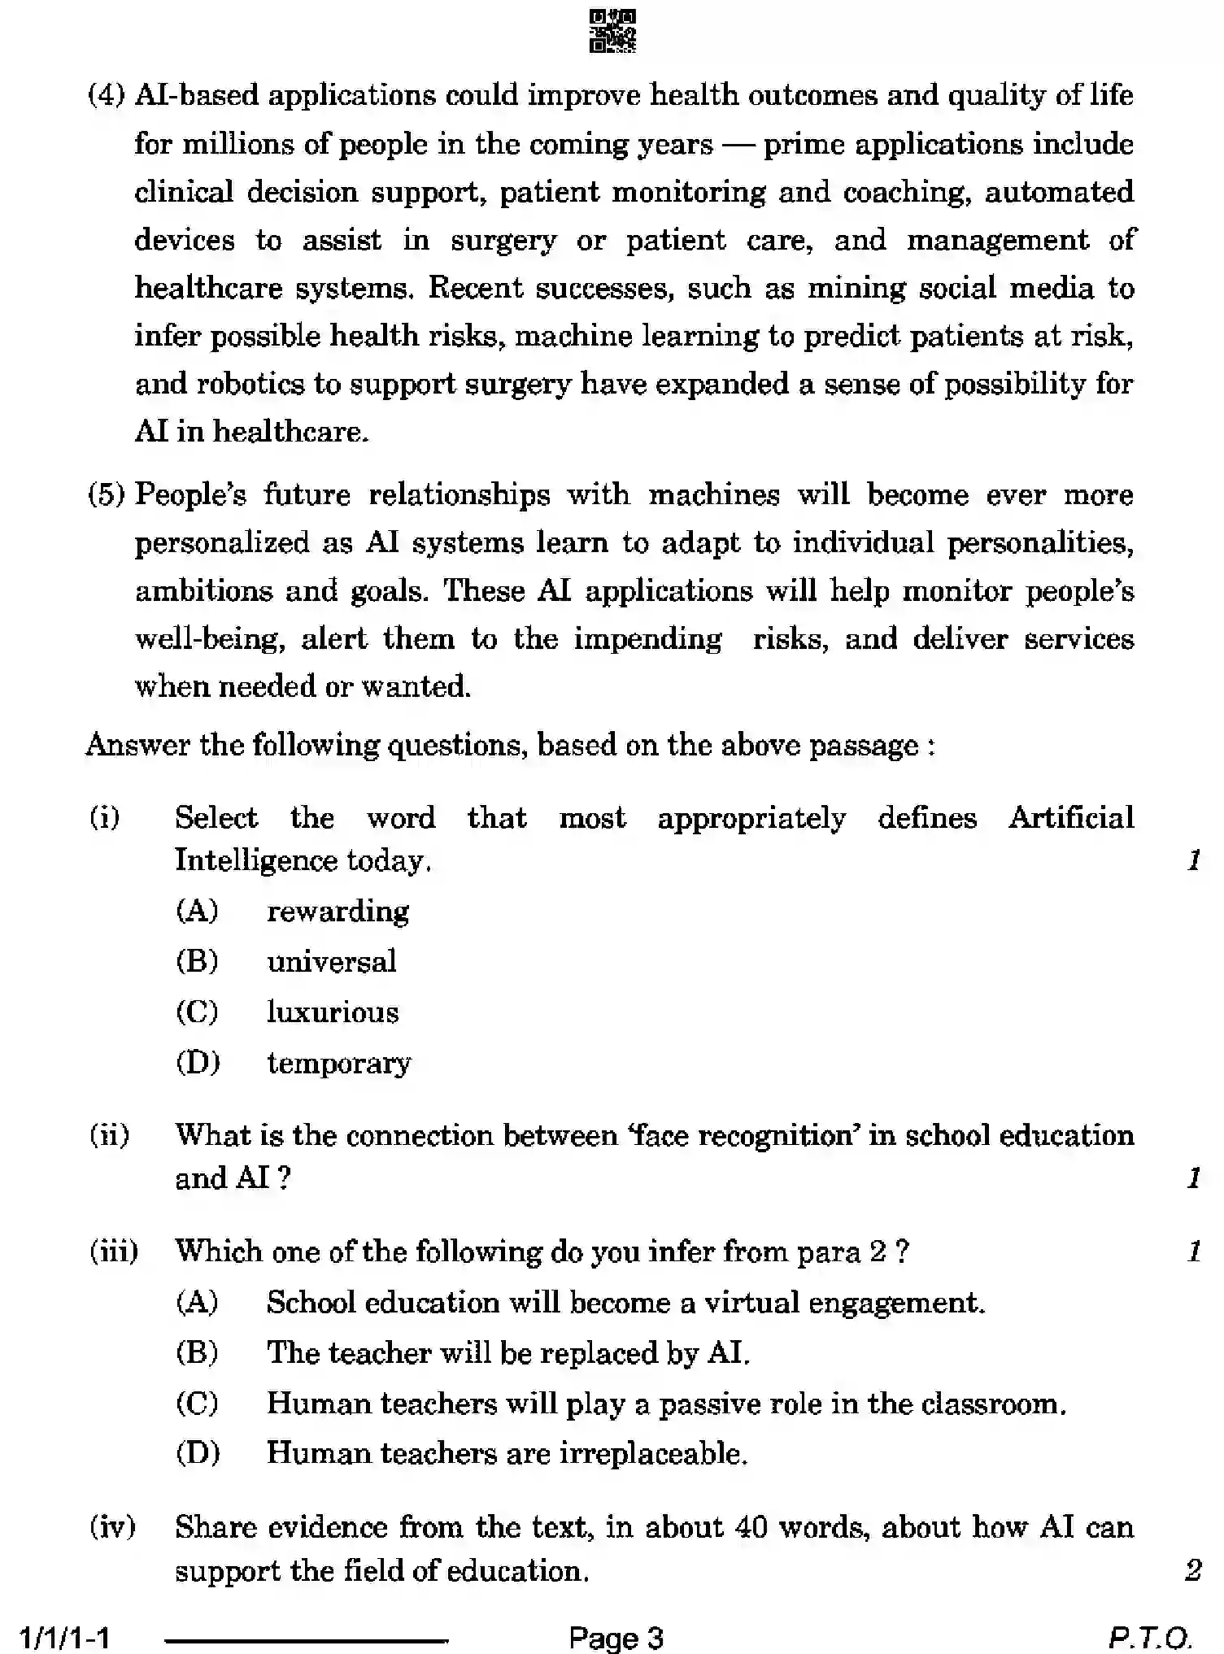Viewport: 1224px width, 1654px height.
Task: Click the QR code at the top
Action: (x=612, y=32)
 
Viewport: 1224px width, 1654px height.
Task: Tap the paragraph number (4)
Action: (x=107, y=96)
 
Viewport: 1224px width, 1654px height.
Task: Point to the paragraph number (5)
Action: (x=107, y=495)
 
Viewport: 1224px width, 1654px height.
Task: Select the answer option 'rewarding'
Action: (x=338, y=912)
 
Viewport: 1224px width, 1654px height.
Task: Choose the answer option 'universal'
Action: (x=331, y=962)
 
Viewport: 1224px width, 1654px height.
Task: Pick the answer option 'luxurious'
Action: (x=333, y=1012)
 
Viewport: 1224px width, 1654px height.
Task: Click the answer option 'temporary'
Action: (x=339, y=1064)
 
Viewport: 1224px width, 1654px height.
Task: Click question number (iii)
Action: (x=113, y=1251)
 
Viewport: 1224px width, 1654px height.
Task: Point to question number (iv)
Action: (x=112, y=1527)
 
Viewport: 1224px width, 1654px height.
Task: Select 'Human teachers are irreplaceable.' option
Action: (x=507, y=1453)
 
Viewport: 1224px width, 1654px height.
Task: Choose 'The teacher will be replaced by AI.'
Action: (x=508, y=1353)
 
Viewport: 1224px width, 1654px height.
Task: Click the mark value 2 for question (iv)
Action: (x=1192, y=1570)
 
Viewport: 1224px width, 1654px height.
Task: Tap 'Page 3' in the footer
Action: (x=616, y=1638)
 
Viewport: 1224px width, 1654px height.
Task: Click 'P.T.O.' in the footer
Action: (x=1149, y=1638)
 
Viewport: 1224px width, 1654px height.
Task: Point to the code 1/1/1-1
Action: (x=65, y=1638)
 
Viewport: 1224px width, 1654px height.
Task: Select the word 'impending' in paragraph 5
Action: (x=647, y=639)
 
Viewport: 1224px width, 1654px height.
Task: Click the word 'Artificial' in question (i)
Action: (x=1071, y=817)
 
